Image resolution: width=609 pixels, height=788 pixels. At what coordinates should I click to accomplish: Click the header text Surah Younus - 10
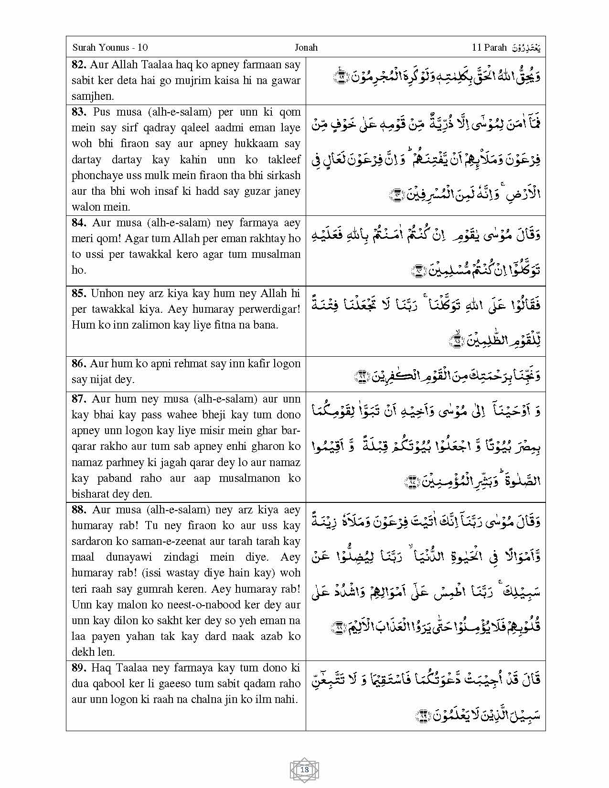110,47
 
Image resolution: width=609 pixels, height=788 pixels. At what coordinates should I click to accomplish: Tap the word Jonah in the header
306,47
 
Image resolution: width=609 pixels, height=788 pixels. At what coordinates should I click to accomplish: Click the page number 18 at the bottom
305,769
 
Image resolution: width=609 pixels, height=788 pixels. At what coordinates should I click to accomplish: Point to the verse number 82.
79,65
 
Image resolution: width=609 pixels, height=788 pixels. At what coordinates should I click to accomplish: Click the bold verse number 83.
80,112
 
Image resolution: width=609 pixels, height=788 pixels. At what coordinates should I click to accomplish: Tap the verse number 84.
80,223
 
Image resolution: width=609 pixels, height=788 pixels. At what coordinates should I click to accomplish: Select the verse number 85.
79,294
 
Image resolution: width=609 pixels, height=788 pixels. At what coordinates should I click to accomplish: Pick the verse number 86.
79,364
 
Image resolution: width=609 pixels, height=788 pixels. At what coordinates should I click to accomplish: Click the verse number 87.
80,399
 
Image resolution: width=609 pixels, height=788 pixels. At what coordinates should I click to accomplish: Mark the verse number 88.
80,510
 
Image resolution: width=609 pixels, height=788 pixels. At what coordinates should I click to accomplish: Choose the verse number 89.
79,668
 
